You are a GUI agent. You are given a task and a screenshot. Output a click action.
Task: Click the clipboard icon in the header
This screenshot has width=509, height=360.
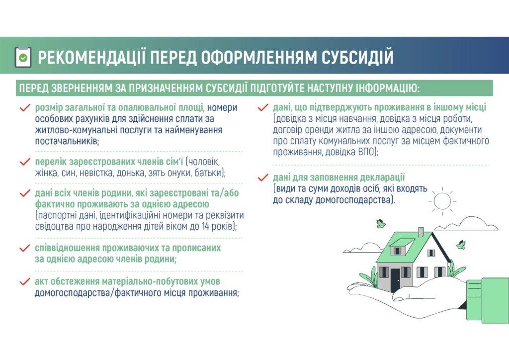pos(23,57)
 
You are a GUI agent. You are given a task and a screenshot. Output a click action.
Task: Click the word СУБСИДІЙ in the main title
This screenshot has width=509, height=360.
pos(357,57)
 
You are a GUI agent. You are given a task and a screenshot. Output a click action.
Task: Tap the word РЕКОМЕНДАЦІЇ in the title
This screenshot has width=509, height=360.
pos(91,57)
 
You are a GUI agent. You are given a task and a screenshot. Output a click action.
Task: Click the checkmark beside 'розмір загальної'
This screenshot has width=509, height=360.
pos(25,108)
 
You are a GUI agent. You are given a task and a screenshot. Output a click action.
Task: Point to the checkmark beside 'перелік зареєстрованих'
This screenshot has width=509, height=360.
pos(25,162)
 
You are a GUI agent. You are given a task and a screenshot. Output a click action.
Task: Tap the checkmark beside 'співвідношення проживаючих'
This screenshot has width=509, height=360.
pos(25,248)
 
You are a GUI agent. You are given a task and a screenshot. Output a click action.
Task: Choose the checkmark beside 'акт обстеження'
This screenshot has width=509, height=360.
pos(25,282)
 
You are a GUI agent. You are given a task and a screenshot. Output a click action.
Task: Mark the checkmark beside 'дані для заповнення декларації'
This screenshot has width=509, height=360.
pos(263,178)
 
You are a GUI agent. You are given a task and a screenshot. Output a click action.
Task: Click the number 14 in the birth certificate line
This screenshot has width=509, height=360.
pos(205,226)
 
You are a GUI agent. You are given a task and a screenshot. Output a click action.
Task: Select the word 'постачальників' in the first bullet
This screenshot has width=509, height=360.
pos(67,141)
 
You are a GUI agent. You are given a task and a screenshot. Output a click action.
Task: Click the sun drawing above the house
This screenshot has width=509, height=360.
pos(442,201)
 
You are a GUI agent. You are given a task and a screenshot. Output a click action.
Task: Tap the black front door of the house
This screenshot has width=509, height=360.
pos(395,280)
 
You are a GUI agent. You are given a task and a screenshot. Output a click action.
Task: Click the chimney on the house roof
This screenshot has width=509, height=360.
pos(421,232)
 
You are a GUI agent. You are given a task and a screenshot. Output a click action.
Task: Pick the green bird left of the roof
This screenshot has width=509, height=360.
pos(381,223)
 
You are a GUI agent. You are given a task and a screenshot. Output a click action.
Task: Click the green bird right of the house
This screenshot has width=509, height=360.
pos(461,245)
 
